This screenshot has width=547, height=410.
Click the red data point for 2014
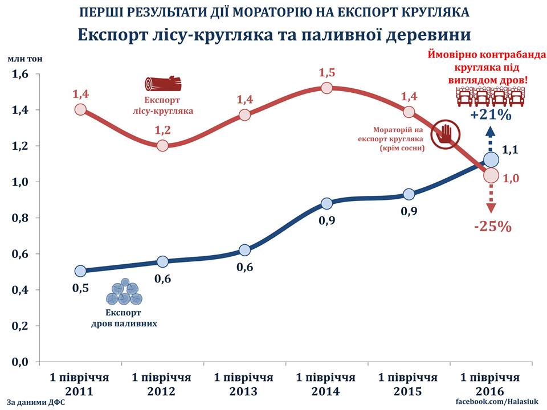click(x=326, y=88)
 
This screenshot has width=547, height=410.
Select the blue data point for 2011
click(x=80, y=270)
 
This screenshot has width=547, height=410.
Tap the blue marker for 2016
click(x=491, y=160)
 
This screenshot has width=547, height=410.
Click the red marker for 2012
click(x=162, y=145)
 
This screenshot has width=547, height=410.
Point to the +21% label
click(x=491, y=116)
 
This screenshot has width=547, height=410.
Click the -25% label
click(x=493, y=227)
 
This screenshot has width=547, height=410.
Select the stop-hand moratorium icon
click(x=443, y=134)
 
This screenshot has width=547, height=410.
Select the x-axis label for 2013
click(x=244, y=384)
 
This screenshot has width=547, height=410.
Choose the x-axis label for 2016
click(x=490, y=384)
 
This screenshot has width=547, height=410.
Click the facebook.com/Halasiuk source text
click(x=497, y=403)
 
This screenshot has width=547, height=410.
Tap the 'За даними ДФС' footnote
click(x=37, y=403)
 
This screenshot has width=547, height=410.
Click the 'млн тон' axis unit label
click(x=25, y=59)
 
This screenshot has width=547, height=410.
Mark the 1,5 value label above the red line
click(x=327, y=73)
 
